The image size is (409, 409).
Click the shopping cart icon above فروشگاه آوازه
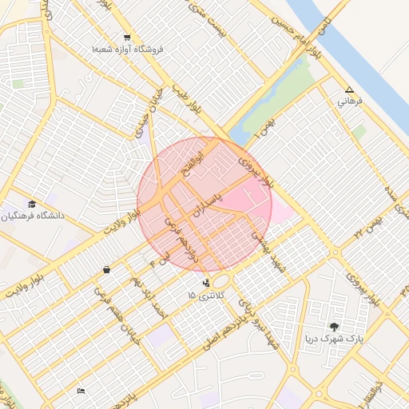[x=127, y=38]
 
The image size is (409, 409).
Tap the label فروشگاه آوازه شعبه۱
[x=127, y=50]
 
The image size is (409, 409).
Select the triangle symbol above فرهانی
[x=349, y=89]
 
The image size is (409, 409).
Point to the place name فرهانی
[x=350, y=101]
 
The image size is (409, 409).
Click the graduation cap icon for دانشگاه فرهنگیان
[x=32, y=204]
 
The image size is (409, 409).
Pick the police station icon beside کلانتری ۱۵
[x=207, y=282]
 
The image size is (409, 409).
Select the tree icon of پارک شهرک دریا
[x=334, y=326]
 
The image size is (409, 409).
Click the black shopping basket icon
[x=106, y=270]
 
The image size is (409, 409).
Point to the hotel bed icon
[x=81, y=391]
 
